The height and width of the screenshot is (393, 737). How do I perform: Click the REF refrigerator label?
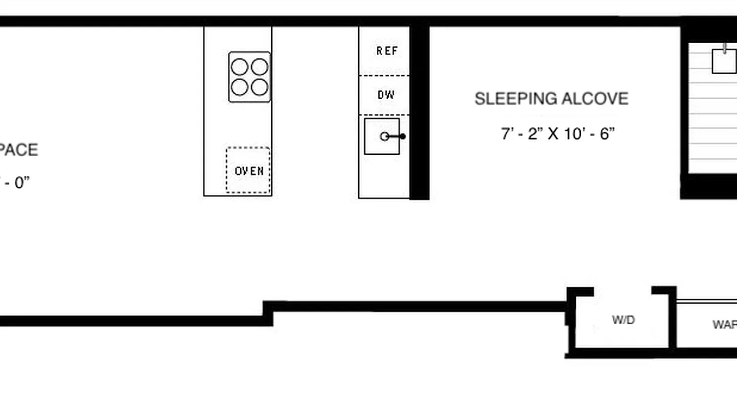tap(387, 51)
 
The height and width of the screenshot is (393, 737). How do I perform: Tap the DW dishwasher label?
tap(386, 95)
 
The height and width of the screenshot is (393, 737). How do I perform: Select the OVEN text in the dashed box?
tap(249, 171)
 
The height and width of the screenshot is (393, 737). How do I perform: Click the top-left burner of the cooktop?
tap(239, 67)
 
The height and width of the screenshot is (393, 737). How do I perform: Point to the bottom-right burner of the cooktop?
tap(259, 87)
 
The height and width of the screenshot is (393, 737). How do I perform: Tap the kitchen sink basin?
tap(381, 136)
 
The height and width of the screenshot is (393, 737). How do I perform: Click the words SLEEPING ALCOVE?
tap(551, 99)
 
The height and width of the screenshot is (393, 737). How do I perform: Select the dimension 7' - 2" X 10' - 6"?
tap(558, 134)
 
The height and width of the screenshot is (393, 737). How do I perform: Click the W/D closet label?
tap(623, 320)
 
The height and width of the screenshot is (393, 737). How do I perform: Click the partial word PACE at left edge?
tap(19, 150)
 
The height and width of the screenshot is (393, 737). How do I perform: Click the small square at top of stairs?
tap(724, 61)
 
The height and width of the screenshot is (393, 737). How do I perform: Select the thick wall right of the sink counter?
tap(419, 113)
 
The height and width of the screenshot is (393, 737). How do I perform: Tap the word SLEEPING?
tap(516, 99)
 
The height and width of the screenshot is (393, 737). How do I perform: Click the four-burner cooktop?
tap(250, 77)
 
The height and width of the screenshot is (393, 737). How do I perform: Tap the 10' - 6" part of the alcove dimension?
tap(589, 134)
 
